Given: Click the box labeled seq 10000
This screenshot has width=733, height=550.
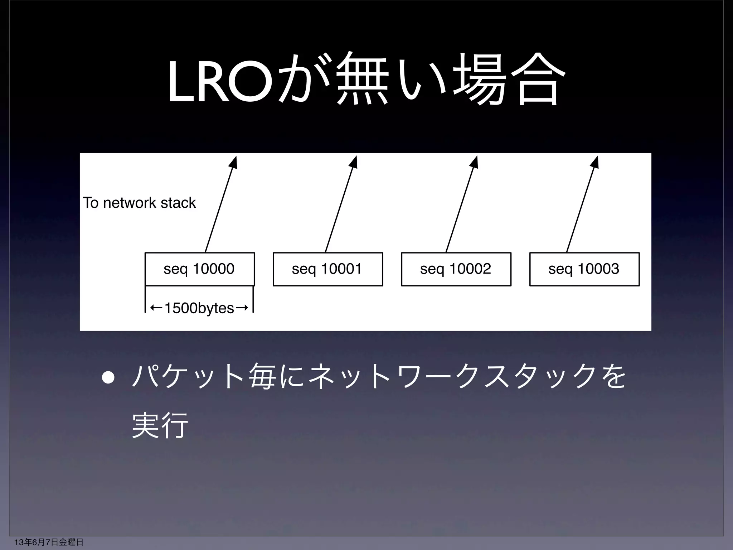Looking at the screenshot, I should pyautogui.click(x=199, y=269).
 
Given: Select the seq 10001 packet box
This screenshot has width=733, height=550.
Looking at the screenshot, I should pyautogui.click(x=327, y=269).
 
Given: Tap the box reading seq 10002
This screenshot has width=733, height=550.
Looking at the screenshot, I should pyautogui.click(x=456, y=269).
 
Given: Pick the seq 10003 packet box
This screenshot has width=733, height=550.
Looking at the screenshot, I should pyautogui.click(x=584, y=269).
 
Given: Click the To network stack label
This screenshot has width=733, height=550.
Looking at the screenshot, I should pyautogui.click(x=139, y=203).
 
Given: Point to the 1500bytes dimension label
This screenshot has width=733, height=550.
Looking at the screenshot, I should pyautogui.click(x=199, y=308).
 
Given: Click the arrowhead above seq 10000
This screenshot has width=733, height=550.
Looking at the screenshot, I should pyautogui.click(x=234, y=161).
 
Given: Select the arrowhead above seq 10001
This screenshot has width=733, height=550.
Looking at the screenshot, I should pyautogui.click(x=354, y=161).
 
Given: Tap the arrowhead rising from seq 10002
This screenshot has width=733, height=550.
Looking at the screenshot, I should pyautogui.click(x=475, y=161).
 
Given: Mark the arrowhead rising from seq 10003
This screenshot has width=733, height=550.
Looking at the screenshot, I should pyautogui.click(x=595, y=161).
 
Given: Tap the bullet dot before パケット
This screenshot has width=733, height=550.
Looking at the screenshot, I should pyautogui.click(x=108, y=378).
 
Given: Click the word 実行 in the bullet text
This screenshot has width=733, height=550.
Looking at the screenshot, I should pyautogui.click(x=160, y=425).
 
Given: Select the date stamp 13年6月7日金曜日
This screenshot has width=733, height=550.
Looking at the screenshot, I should pyautogui.click(x=44, y=542).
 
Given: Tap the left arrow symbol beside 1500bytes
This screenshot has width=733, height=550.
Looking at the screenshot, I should pyautogui.click(x=156, y=308).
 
